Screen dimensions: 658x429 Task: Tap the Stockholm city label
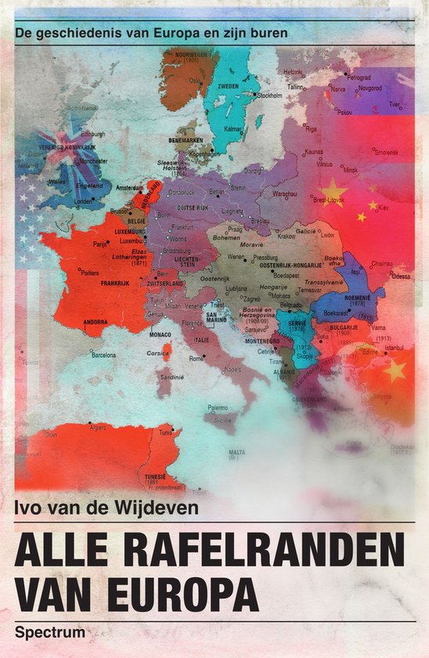click(x=269, y=96)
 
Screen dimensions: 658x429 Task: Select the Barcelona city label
click(x=103, y=354)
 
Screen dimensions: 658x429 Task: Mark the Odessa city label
click(x=401, y=276)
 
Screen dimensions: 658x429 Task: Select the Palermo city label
click(x=217, y=407)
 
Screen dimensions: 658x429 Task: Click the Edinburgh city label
click(x=92, y=133)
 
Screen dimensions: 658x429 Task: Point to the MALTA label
click(x=236, y=452)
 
